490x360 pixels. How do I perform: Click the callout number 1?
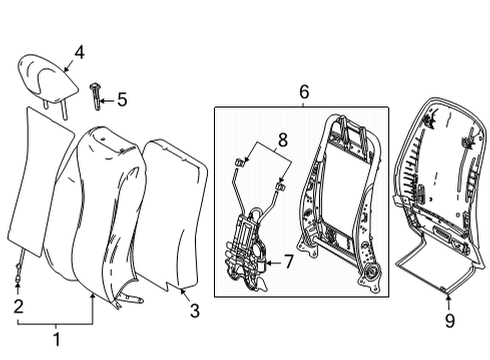coord(57,339)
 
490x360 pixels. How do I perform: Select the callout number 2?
coord(19,306)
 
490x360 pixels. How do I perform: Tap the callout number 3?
coord(195,311)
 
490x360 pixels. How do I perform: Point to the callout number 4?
coord(79,53)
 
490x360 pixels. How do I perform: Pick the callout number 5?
coord(122,99)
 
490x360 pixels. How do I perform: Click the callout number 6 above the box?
coord(304,92)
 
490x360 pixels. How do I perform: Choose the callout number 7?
coord(288,262)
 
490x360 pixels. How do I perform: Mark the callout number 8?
coord(283,140)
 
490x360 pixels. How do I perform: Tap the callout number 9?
coord(450,321)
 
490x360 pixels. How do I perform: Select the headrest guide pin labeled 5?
coord(95,97)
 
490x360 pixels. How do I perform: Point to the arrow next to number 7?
coord(274,263)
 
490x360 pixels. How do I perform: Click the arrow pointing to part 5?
coord(107,100)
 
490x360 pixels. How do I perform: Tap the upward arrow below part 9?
coord(448,303)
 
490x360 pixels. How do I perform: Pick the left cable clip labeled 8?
coord(240,163)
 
